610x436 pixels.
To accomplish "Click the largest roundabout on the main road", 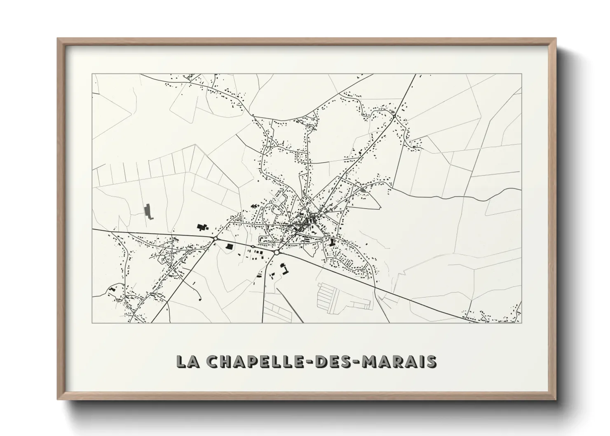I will [276, 251].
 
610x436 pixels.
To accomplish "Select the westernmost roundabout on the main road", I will [215, 238].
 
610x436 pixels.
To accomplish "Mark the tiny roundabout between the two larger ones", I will [252, 246].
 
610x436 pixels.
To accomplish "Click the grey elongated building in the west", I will [148, 211].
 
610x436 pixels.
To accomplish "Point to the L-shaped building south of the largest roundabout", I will [285, 269].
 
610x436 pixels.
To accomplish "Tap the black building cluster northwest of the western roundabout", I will [202, 227].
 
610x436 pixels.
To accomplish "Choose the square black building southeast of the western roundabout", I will [229, 246].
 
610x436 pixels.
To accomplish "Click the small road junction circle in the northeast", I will [394, 117].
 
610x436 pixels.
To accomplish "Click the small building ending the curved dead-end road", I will [200, 299].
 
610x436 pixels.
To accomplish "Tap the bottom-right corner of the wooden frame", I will [555, 399].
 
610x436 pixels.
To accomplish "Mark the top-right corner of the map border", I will [521, 74].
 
